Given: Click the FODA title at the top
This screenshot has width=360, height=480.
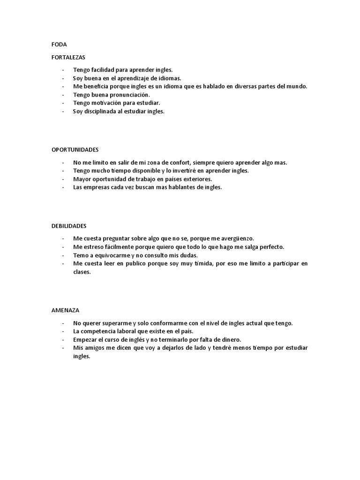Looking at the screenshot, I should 59,45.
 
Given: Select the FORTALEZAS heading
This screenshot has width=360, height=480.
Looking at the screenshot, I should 68,57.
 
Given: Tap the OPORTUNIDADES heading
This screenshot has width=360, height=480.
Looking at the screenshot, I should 75,150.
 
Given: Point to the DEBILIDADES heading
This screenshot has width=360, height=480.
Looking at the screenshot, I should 69,225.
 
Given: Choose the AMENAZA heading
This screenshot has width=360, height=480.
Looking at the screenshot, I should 66,310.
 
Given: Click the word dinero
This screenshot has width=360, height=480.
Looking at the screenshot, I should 229,339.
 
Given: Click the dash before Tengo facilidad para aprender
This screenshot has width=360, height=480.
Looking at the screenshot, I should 62,69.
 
